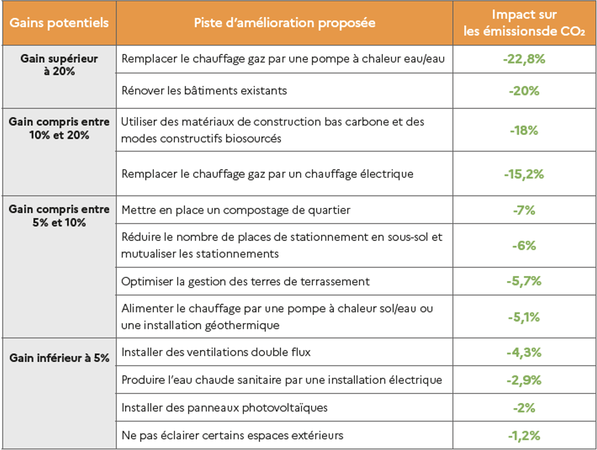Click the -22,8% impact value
point(524,59)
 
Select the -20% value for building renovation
point(524,91)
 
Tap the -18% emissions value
point(524,130)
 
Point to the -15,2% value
point(524,174)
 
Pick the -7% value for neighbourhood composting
point(524,210)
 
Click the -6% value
point(524,246)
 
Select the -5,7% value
point(524,281)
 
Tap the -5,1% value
point(524,317)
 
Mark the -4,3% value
point(524,353)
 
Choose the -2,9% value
point(524,380)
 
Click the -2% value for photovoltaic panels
point(524,408)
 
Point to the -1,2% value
point(524,436)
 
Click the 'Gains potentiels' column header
point(59,23)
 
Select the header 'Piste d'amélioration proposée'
point(284,23)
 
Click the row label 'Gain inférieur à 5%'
point(59,358)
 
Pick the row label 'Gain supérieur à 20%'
point(59,65)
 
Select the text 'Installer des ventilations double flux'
point(216,353)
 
